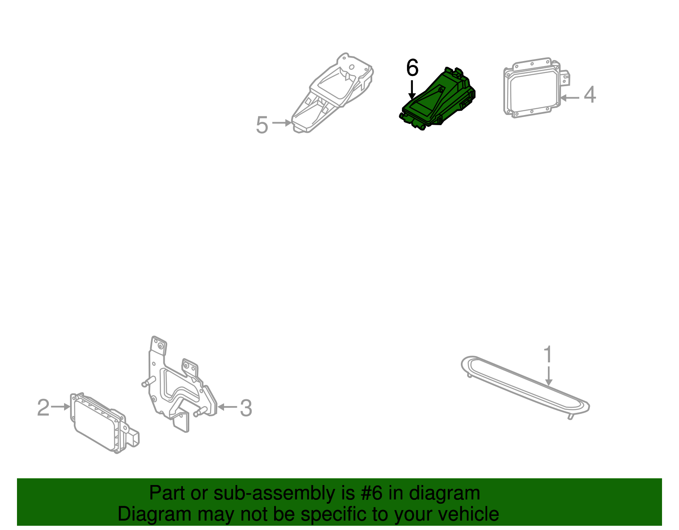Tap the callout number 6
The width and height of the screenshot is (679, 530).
click(412, 68)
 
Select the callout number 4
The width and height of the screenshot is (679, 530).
click(590, 95)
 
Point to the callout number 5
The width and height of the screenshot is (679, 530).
click(262, 125)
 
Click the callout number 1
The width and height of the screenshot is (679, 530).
click(548, 354)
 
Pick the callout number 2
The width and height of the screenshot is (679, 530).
click(43, 408)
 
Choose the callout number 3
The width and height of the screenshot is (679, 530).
click(246, 408)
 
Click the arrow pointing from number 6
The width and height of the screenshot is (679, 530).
click(412, 90)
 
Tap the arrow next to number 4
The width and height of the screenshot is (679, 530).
click(570, 98)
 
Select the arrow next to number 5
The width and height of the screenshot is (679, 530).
click(282, 123)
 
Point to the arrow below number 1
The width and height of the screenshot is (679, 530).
click(549, 376)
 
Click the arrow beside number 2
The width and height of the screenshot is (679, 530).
click(61, 407)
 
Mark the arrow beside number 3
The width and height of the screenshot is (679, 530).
click(227, 407)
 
